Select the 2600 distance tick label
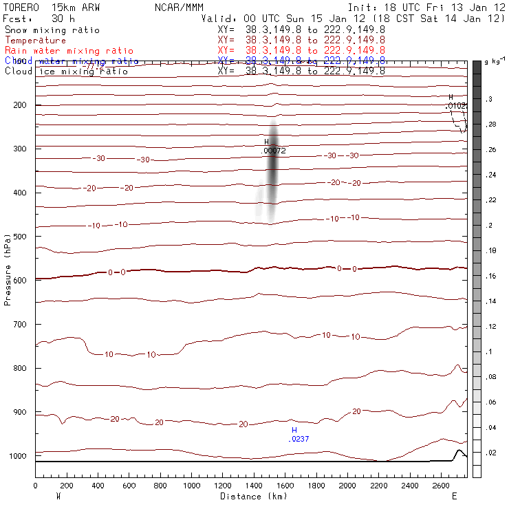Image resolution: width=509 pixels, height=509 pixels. coord(442,486)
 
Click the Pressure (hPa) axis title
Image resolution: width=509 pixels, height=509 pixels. coord(8,269)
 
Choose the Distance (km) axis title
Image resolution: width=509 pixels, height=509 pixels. coord(252,496)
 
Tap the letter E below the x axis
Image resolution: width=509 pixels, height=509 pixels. coord(454,496)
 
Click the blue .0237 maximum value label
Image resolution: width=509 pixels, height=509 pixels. coord(299,438)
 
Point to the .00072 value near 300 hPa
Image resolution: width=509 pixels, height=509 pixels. coord(274,150)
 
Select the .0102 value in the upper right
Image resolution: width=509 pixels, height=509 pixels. coord(457,106)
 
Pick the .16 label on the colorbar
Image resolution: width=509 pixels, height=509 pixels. coord(490,277)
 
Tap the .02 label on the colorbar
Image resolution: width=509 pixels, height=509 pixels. coord(490,453)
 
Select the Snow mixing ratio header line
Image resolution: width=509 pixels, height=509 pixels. coord(52,30)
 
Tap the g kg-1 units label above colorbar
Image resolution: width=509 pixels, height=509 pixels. coord(493,62)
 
